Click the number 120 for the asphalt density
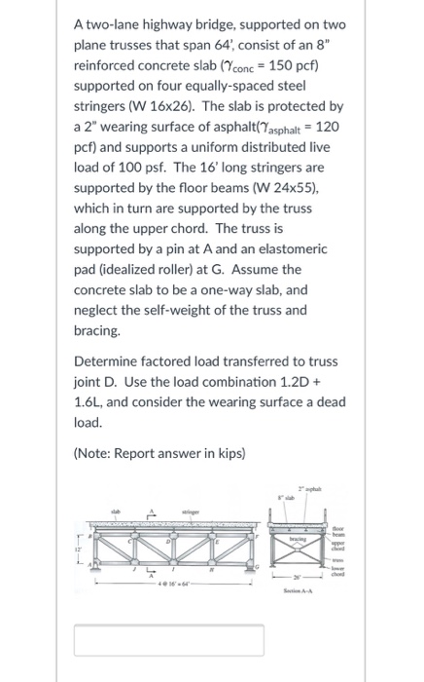coord(322,126)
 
